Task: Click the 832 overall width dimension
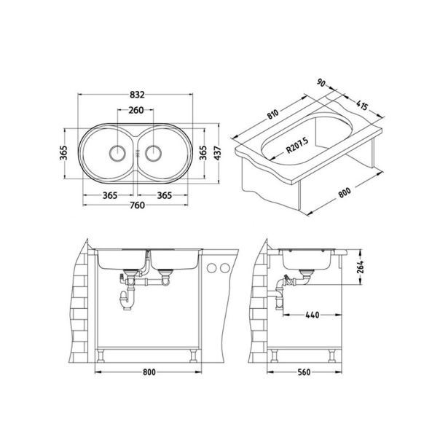pyautogui.click(x=136, y=95)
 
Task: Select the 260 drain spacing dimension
pyautogui.click(x=136, y=111)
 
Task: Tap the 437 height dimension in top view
pyautogui.click(x=216, y=154)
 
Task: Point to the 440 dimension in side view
pyautogui.click(x=313, y=315)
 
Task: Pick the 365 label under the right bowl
pyautogui.click(x=164, y=195)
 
